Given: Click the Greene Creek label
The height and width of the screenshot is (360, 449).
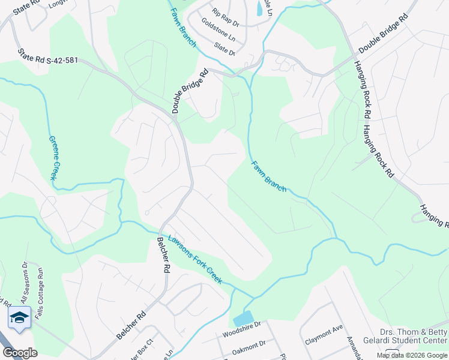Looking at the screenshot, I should [55, 158].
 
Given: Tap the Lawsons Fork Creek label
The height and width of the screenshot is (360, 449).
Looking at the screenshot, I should [194, 259].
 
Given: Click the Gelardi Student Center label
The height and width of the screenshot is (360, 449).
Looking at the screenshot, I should [414, 337].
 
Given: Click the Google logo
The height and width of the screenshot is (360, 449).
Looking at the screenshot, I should [20, 353].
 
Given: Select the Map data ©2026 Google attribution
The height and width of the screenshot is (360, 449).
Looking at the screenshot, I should [412, 355].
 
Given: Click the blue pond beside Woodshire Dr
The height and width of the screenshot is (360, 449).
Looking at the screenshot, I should [243, 319].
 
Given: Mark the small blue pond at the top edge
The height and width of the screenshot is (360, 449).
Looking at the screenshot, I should [259, 8].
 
